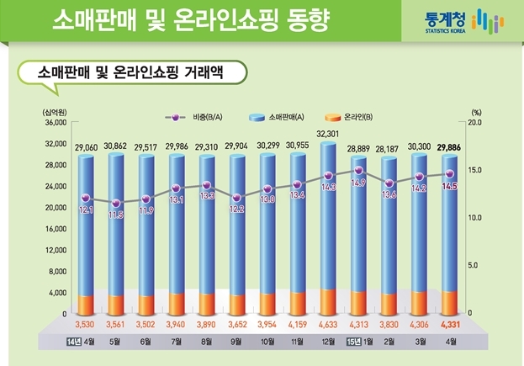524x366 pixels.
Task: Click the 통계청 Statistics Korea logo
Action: tap(464, 21)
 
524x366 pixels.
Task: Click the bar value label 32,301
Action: tap(327, 134)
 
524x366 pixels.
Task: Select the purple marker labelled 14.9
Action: tap(358, 171)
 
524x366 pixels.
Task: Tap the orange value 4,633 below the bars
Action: tap(328, 325)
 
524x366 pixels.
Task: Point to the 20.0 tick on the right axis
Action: tap(474, 123)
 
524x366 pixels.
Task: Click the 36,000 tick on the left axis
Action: tap(56, 123)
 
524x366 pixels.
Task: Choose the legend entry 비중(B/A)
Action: tap(193, 117)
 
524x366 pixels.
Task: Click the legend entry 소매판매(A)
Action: tap(277, 117)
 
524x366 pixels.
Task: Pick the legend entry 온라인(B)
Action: tap(348, 117)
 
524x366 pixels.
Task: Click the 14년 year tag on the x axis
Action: tap(74, 342)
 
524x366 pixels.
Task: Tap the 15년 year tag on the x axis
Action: tap(353, 342)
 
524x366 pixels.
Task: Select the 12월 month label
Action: tap(328, 342)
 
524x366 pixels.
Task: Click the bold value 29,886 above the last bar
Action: tap(449, 147)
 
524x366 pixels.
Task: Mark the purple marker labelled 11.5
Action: tap(116, 204)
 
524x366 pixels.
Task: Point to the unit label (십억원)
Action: tap(55, 112)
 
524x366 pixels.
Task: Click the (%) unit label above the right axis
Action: tap(476, 112)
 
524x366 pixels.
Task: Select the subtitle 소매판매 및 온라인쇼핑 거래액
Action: tap(130, 72)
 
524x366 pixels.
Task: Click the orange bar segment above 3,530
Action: tap(86, 305)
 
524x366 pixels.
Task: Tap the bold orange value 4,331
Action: tap(450, 325)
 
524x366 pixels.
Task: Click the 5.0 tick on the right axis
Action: tap(473, 266)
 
